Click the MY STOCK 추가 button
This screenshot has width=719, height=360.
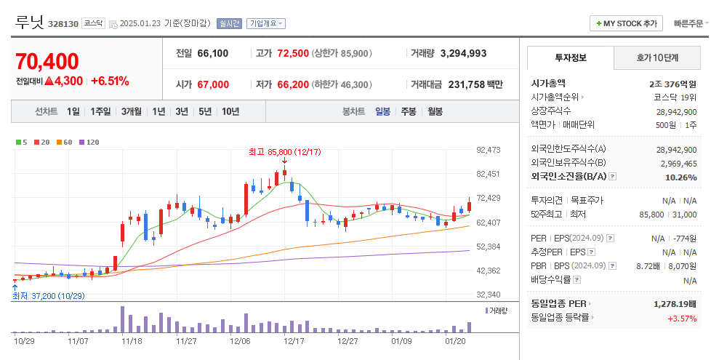click(626, 23)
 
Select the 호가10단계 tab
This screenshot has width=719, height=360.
click(657, 57)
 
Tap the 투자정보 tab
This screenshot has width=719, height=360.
click(570, 57)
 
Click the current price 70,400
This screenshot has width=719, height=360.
click(47, 62)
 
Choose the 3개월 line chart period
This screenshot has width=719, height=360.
click(132, 111)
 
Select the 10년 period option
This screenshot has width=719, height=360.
click(230, 111)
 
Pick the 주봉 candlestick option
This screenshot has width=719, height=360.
click(408, 111)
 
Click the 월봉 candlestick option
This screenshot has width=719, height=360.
click(435, 111)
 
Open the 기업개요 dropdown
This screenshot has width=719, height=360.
click(266, 23)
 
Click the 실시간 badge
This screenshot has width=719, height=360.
click(230, 23)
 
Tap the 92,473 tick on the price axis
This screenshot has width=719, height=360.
click(489, 150)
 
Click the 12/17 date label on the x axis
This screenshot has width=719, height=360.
click(294, 340)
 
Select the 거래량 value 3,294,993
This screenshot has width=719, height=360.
click(463, 53)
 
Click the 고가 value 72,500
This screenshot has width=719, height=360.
click(293, 53)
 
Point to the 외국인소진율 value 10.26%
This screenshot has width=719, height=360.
click(681, 177)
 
